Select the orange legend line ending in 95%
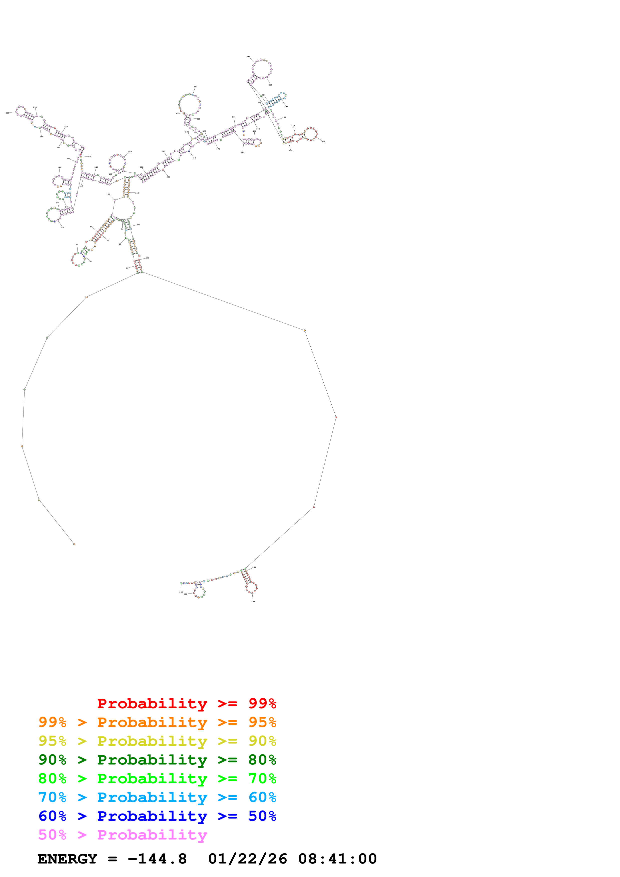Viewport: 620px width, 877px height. pyautogui.click(x=157, y=722)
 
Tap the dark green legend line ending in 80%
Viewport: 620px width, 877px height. pyautogui.click(x=157, y=760)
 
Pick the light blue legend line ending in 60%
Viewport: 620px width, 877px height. pyautogui.click(x=157, y=797)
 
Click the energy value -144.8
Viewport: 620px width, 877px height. pyautogui.click(x=157, y=859)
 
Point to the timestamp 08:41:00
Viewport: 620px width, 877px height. pyautogui.click(x=337, y=859)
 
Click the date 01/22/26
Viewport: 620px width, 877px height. pyautogui.click(x=248, y=859)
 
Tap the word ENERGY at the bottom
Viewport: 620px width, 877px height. pyautogui.click(x=67, y=859)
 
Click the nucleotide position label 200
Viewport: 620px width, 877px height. pyautogui.click(x=7, y=113)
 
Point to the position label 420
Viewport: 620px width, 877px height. pyautogui.click(x=324, y=142)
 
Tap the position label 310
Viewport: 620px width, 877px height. pyautogui.click(x=195, y=87)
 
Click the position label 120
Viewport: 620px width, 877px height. pyautogui.click(x=63, y=228)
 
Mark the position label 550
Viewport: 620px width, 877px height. pyautogui.click(x=253, y=601)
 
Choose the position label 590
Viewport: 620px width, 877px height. pyautogui.click(x=181, y=592)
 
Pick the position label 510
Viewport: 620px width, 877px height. pyautogui.click(x=137, y=193)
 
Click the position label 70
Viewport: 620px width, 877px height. pyautogui.click(x=77, y=244)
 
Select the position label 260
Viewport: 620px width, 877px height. pyautogui.click(x=130, y=152)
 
